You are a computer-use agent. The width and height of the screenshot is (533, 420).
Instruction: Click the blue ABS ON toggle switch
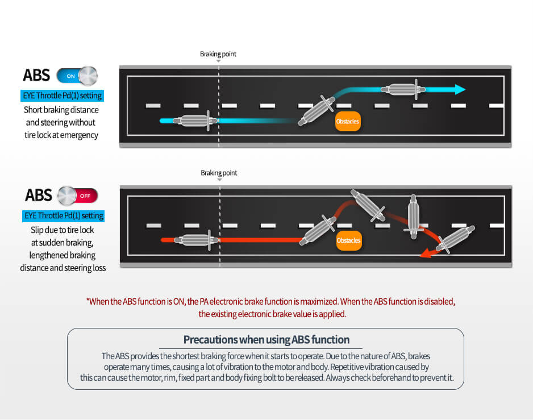(77, 76)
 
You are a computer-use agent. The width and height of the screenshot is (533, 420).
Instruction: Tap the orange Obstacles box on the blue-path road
(348, 122)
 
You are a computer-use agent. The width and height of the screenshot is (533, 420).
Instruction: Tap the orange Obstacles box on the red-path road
(348, 240)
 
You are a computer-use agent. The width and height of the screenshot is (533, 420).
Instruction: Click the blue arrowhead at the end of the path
(459, 89)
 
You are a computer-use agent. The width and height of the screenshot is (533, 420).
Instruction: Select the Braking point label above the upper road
(218, 54)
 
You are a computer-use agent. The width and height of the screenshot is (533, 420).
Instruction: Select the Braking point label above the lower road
(219, 173)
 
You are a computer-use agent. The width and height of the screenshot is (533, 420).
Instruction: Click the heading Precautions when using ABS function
(266, 340)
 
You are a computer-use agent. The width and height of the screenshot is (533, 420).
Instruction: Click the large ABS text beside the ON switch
(36, 76)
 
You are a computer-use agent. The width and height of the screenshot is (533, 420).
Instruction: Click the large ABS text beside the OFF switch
(38, 196)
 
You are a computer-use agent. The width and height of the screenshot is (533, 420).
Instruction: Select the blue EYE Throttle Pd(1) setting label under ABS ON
(63, 95)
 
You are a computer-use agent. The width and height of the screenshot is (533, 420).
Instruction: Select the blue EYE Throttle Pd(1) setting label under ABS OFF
(64, 216)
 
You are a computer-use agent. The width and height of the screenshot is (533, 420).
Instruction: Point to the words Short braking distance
(61, 110)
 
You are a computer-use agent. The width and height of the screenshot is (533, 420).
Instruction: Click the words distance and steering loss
(63, 268)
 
